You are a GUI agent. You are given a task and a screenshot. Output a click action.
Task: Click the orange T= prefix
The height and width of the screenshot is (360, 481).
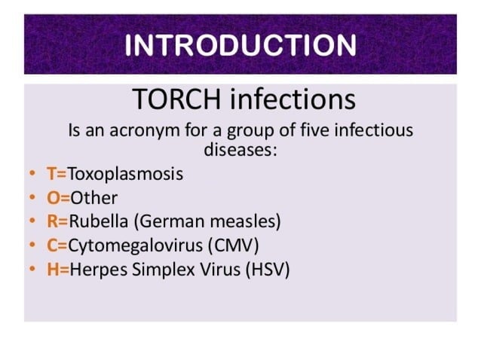[57, 174]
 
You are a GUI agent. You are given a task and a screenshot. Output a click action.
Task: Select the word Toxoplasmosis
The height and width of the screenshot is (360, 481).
[125, 174]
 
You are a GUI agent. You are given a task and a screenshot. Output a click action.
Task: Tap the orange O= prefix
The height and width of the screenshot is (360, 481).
[58, 198]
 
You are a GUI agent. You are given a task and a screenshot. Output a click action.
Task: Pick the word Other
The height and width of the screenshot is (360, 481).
[94, 198]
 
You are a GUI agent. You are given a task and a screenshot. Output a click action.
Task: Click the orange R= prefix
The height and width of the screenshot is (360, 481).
[57, 221]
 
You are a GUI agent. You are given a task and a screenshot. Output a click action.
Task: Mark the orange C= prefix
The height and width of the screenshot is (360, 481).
[57, 245]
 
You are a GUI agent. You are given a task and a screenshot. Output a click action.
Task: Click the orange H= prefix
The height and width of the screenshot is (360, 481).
[58, 268]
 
